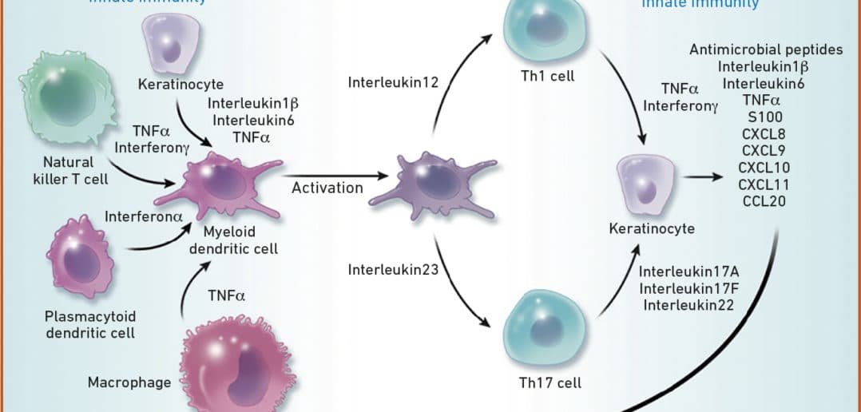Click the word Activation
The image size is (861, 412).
(327, 188)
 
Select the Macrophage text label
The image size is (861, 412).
(129, 382)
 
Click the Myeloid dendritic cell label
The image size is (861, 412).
(240, 241)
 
